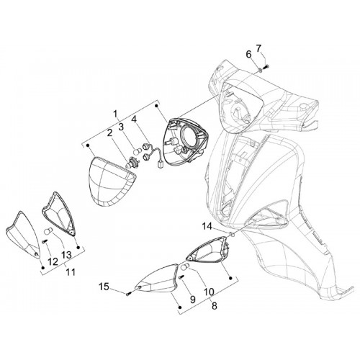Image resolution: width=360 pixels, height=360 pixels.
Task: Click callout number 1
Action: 116,114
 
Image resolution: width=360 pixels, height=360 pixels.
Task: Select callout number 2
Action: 110,133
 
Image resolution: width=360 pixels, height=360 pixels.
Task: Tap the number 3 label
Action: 121,127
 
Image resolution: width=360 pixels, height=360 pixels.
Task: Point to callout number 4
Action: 133,120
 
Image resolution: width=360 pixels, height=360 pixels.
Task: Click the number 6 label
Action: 248,55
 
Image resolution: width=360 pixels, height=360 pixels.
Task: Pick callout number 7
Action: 258,48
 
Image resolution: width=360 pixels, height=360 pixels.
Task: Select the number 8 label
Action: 215,306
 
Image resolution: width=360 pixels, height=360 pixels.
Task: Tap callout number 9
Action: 192,299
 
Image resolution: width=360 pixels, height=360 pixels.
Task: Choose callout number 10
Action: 209,292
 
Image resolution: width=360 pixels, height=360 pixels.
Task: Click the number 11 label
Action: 71,272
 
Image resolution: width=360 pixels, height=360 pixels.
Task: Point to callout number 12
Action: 53,261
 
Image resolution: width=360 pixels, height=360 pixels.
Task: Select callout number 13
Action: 66,254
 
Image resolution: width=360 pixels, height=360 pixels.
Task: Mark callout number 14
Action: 207,226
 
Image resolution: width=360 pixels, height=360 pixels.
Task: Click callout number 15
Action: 104,287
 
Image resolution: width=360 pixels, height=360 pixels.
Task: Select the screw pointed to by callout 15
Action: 127,293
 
